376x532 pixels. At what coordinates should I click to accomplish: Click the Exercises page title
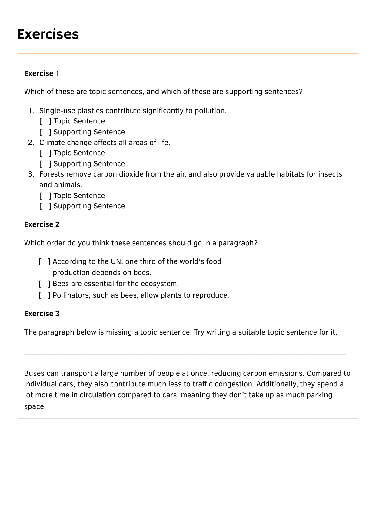(x=48, y=34)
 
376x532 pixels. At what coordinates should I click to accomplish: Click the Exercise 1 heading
(x=42, y=74)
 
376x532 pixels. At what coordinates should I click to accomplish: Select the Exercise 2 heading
(x=42, y=224)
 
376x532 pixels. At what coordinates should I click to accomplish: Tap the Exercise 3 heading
(x=42, y=314)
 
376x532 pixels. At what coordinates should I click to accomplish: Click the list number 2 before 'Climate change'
(x=31, y=143)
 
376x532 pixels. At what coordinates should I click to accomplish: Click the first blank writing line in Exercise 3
(x=185, y=353)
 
